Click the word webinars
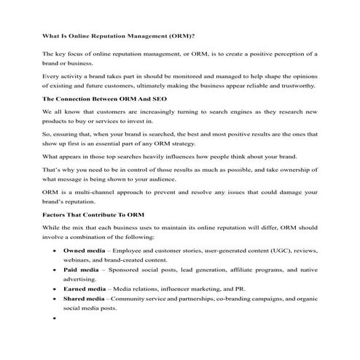pyautogui.click(x=79, y=259)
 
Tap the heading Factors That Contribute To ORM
pyautogui.click(x=95, y=215)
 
